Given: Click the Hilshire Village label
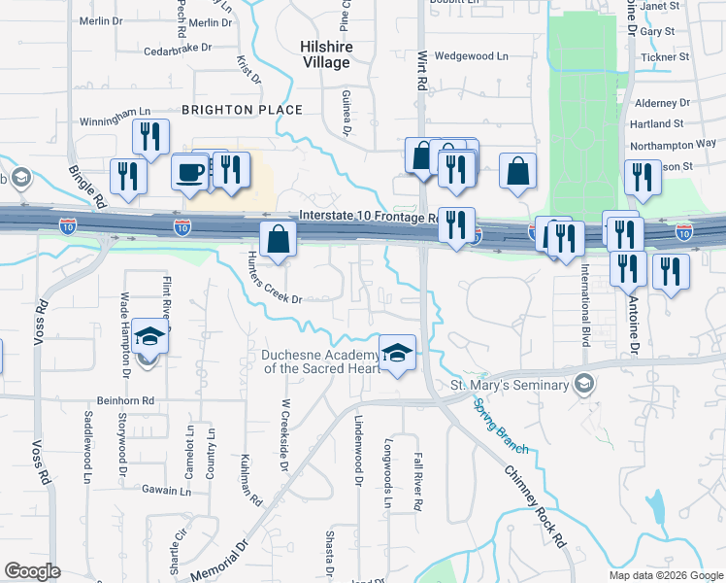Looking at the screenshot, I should [325, 54].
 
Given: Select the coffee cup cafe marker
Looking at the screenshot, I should [190, 172].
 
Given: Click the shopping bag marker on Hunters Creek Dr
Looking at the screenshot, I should [278, 240].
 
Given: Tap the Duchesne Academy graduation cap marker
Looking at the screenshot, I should [396, 353].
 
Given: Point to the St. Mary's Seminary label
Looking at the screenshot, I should [509, 386].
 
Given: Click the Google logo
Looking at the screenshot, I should [32, 571].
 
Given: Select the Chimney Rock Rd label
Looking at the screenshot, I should [535, 508].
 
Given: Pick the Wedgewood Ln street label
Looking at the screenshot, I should [472, 56].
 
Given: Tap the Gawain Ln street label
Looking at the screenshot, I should [163, 492].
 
